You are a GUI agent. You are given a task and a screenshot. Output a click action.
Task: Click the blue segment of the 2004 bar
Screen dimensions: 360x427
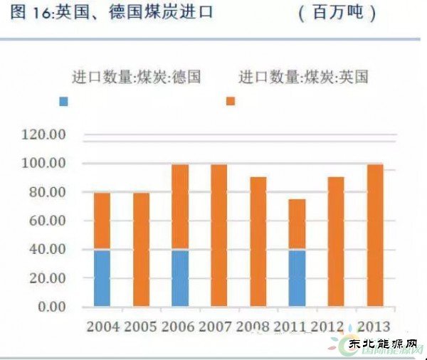click(x=102, y=278)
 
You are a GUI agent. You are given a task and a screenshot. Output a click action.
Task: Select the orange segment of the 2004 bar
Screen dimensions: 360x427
click(x=102, y=221)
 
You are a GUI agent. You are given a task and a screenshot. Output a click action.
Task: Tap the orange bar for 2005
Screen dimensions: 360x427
click(x=142, y=249)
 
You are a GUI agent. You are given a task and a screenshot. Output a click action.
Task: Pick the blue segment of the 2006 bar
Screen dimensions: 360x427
click(x=180, y=278)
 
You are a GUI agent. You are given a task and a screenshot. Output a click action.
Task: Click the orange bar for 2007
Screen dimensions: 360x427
click(x=218, y=235)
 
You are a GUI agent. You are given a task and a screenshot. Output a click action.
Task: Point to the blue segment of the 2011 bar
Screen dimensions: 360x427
click(x=297, y=278)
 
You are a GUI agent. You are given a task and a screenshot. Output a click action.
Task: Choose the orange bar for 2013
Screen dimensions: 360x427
click(x=374, y=235)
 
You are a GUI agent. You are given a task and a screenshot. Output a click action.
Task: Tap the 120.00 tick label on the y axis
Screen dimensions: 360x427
click(x=44, y=134)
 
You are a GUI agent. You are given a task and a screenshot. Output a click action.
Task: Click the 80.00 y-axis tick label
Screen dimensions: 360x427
click(x=47, y=192)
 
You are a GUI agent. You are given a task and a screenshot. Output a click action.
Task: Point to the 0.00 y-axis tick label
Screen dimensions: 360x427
click(x=51, y=307)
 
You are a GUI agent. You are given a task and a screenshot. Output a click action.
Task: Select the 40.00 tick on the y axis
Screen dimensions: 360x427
click(x=47, y=250)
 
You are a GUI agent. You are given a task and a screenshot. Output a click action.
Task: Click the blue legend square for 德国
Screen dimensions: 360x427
click(x=64, y=102)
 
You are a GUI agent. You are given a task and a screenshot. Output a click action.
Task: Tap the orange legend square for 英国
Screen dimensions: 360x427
click(x=230, y=102)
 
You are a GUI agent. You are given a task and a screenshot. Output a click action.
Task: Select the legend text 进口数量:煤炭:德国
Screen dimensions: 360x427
click(x=137, y=77)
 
